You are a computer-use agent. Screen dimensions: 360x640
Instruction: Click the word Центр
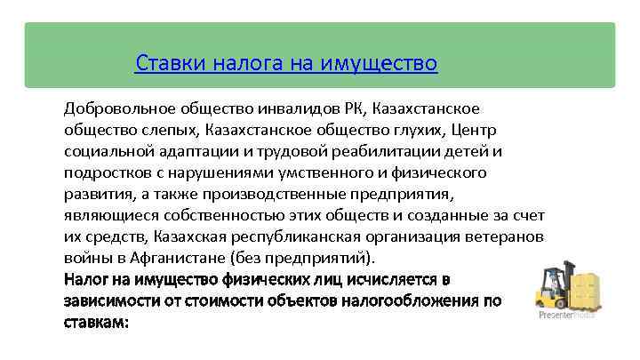click(x=479, y=130)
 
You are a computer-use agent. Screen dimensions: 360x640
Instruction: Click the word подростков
click(x=105, y=172)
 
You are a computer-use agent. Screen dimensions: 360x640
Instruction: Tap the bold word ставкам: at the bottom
click(x=97, y=321)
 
